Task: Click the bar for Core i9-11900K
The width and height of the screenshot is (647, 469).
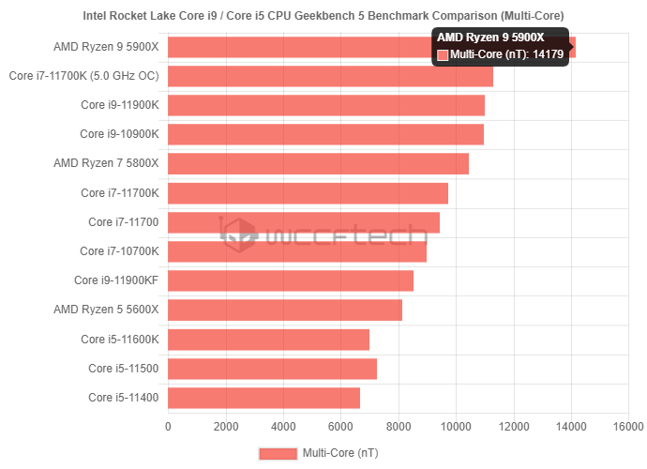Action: (x=326, y=105)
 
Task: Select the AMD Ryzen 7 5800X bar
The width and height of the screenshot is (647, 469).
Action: (x=318, y=163)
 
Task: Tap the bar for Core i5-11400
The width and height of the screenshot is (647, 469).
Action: (x=263, y=398)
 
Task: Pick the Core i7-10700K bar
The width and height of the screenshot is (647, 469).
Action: (x=297, y=251)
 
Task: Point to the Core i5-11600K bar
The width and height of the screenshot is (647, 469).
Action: (x=268, y=340)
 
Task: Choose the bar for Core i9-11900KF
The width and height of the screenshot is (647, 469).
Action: (x=291, y=280)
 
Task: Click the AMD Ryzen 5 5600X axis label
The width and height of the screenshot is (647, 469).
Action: (x=106, y=310)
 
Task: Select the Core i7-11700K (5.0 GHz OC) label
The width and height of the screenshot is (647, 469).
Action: (x=83, y=76)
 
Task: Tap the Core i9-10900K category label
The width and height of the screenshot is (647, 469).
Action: (x=119, y=134)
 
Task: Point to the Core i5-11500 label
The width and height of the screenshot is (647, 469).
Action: (x=124, y=369)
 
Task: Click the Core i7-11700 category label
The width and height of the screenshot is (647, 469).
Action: (x=124, y=222)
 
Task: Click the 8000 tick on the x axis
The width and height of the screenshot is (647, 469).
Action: (x=399, y=427)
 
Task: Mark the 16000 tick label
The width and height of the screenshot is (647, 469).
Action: (x=628, y=427)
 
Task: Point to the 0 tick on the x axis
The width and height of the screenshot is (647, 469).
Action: (x=168, y=427)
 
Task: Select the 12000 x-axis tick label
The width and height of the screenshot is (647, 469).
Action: (x=514, y=427)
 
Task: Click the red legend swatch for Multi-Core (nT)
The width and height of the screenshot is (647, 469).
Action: (x=278, y=453)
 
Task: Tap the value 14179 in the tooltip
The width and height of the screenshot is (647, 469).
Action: (x=548, y=54)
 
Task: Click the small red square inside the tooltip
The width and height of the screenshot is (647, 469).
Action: (x=443, y=55)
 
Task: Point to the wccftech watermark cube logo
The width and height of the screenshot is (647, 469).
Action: (x=238, y=234)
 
